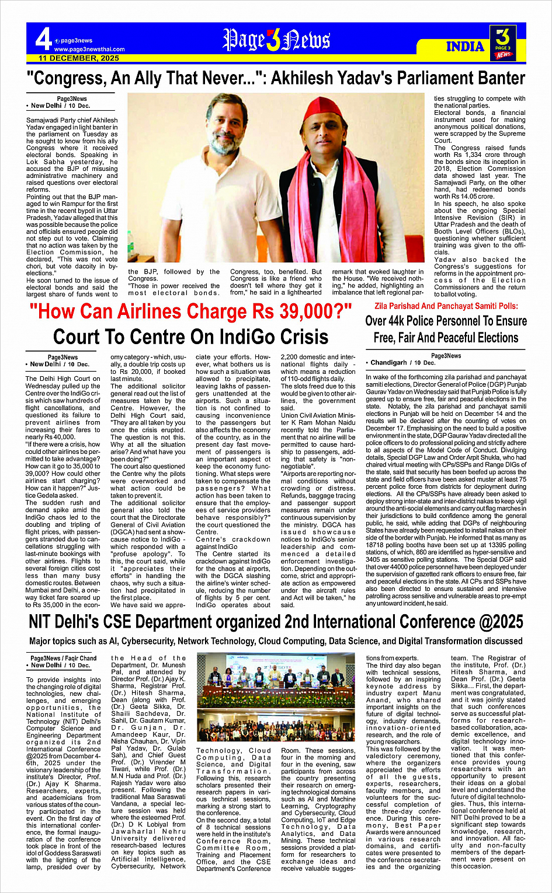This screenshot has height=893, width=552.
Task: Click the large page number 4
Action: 43,40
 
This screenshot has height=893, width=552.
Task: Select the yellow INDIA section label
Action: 465,47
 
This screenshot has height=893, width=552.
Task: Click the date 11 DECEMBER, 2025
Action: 79,58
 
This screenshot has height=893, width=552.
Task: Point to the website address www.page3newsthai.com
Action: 89,50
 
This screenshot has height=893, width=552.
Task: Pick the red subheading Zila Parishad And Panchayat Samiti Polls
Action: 446,306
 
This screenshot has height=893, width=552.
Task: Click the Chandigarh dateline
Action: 388,363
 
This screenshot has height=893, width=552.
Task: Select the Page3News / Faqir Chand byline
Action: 64,658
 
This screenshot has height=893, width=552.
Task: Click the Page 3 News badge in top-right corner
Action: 503,43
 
